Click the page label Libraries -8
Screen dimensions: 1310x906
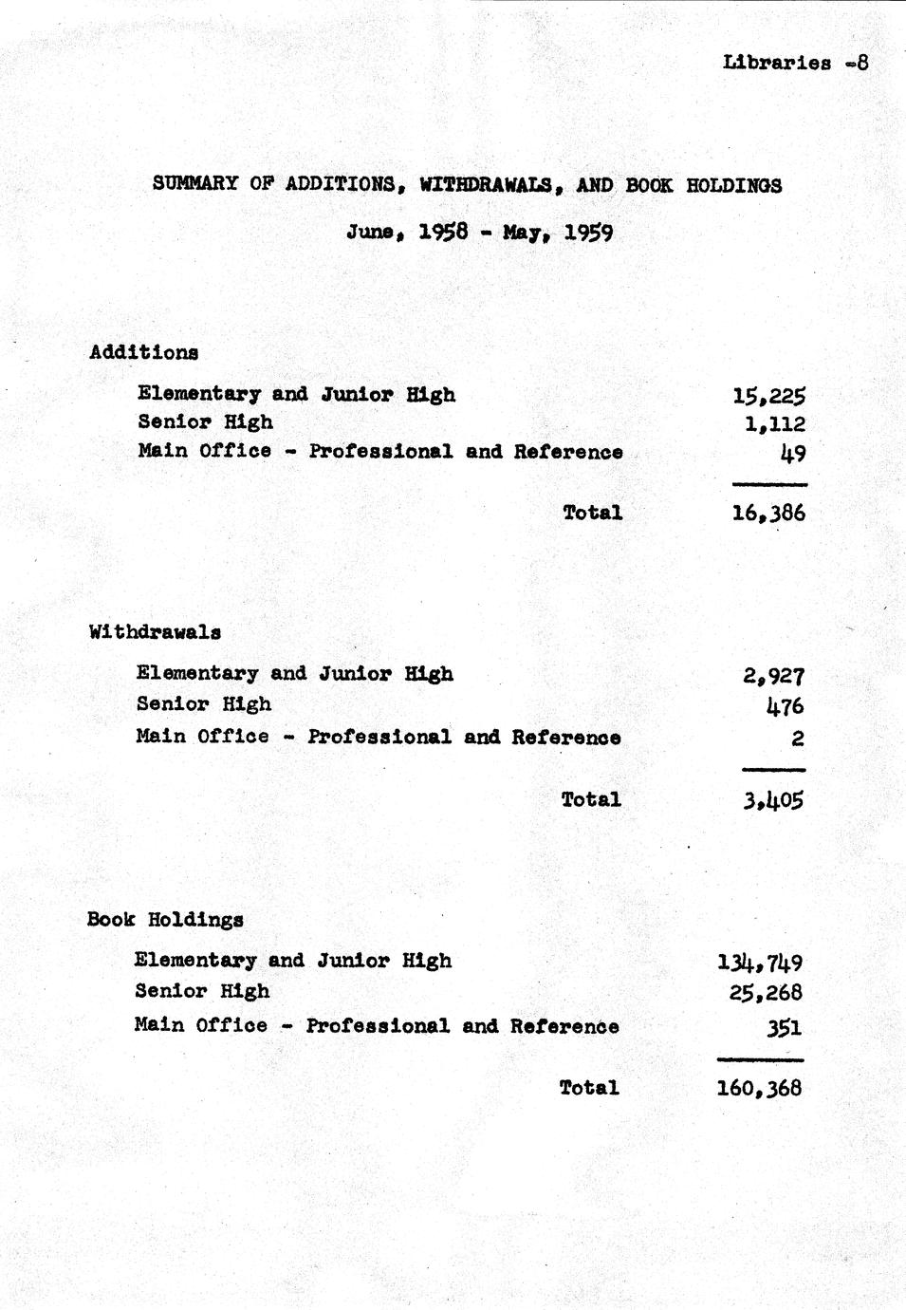(x=795, y=64)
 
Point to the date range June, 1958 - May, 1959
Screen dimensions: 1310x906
(x=479, y=232)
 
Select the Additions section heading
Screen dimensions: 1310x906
(x=144, y=352)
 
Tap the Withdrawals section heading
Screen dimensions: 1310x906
(x=155, y=631)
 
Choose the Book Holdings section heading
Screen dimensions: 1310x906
(x=165, y=919)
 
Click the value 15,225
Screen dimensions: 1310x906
(x=769, y=396)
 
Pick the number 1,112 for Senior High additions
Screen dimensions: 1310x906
(x=775, y=423)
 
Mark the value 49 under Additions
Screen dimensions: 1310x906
(x=793, y=453)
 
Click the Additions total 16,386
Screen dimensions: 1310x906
(x=769, y=514)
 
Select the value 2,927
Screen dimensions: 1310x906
(x=774, y=676)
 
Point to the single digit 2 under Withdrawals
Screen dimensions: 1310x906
(x=798, y=738)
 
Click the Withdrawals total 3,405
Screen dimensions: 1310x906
(x=774, y=800)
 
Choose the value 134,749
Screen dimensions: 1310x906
(x=761, y=963)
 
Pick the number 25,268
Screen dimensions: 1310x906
(x=767, y=993)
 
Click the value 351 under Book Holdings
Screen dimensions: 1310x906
(x=784, y=1027)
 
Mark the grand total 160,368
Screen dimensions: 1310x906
(x=760, y=1088)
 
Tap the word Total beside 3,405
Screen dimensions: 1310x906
(x=591, y=799)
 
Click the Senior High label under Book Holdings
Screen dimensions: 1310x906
(x=202, y=991)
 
